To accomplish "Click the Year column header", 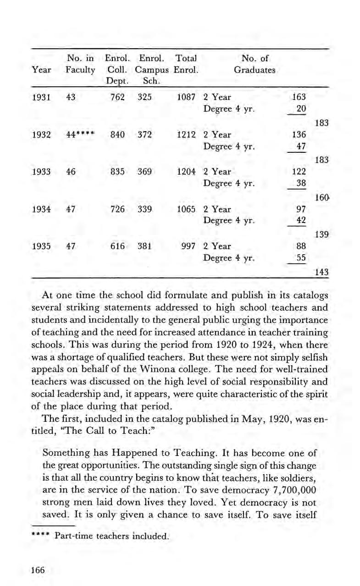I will [42, 70].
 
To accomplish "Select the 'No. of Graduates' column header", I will [255, 65].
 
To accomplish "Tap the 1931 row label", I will [42, 97].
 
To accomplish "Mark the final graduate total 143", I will [321, 271].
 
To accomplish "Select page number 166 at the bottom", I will [38, 570].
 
